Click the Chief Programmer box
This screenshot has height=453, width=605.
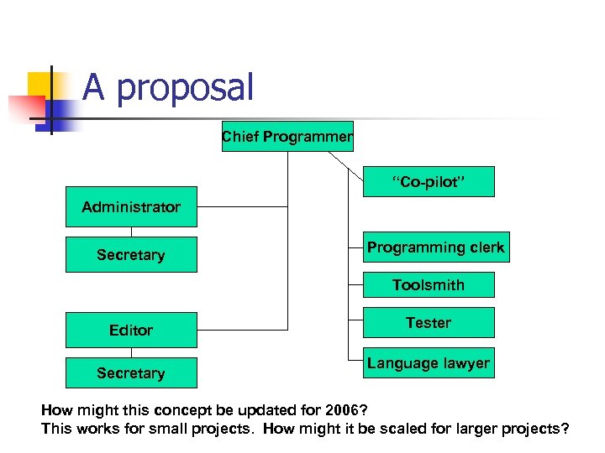(x=287, y=136)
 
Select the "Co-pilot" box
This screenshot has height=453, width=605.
(x=428, y=181)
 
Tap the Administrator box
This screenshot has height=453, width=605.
(x=131, y=206)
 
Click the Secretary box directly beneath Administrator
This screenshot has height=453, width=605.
(x=131, y=254)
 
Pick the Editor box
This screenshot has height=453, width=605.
(x=131, y=330)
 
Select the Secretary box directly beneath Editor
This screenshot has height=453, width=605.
(x=131, y=372)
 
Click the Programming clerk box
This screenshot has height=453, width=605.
(x=435, y=247)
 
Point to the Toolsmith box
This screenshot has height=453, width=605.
(x=428, y=285)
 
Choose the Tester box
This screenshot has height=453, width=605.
(x=428, y=323)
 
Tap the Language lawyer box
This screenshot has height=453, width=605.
(x=428, y=363)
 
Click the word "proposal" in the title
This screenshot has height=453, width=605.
(x=184, y=88)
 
